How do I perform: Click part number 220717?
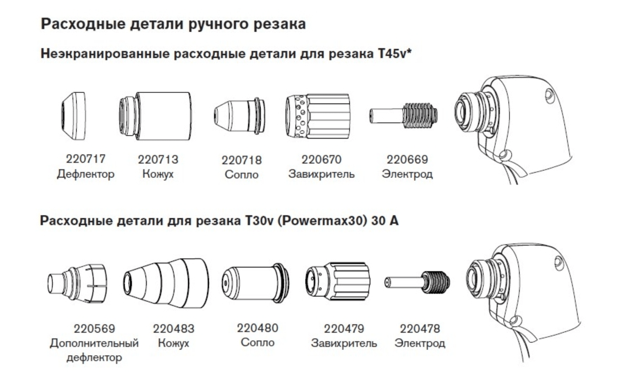[x=86, y=159]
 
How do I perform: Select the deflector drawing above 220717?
[x=73, y=115]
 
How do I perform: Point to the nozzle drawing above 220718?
[x=239, y=116]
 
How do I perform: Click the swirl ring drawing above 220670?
[x=318, y=116]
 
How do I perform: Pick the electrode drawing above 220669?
[x=403, y=116]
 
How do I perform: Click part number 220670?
[x=321, y=160]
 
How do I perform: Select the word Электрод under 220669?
[x=407, y=174]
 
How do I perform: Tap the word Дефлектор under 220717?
[x=86, y=174]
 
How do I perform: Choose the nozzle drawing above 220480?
[x=255, y=283]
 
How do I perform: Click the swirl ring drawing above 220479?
[x=338, y=282]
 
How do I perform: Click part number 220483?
[x=173, y=329]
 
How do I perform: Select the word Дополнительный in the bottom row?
[x=94, y=343]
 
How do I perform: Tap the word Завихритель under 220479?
[x=344, y=343]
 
